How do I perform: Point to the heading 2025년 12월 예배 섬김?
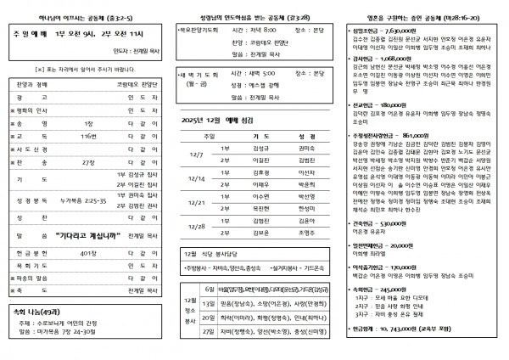click(x=220, y=121)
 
